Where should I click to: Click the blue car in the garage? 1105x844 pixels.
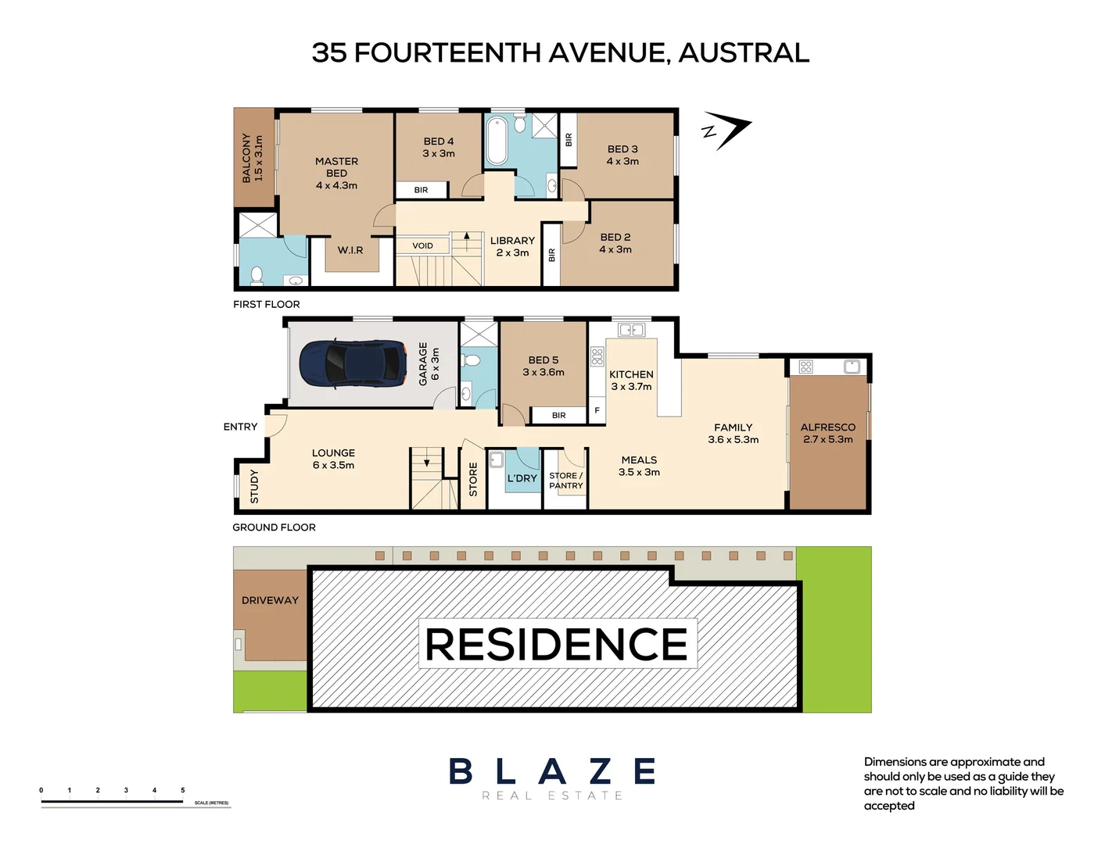click(353, 364)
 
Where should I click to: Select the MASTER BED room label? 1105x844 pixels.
click(336, 173)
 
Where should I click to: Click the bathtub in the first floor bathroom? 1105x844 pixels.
click(497, 141)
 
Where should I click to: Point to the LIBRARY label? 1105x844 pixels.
click(512, 241)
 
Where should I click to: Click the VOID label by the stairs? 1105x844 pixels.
click(422, 245)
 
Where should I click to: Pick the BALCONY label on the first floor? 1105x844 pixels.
click(246, 158)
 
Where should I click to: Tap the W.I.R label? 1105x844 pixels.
click(350, 250)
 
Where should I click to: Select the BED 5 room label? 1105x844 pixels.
click(544, 360)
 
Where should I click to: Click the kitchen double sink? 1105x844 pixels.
click(632, 330)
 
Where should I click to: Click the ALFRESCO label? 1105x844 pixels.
click(827, 427)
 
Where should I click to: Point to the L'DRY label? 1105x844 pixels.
click(522, 477)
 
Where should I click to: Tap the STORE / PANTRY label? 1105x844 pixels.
click(566, 481)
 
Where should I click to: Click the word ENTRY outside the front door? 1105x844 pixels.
click(240, 427)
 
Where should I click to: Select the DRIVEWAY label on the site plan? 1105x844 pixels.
click(270, 600)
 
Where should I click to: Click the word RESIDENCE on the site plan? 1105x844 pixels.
click(557, 644)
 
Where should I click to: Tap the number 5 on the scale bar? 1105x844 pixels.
click(183, 790)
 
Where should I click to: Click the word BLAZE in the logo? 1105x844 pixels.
click(552, 771)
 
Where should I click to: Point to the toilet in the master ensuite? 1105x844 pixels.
click(257, 275)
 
